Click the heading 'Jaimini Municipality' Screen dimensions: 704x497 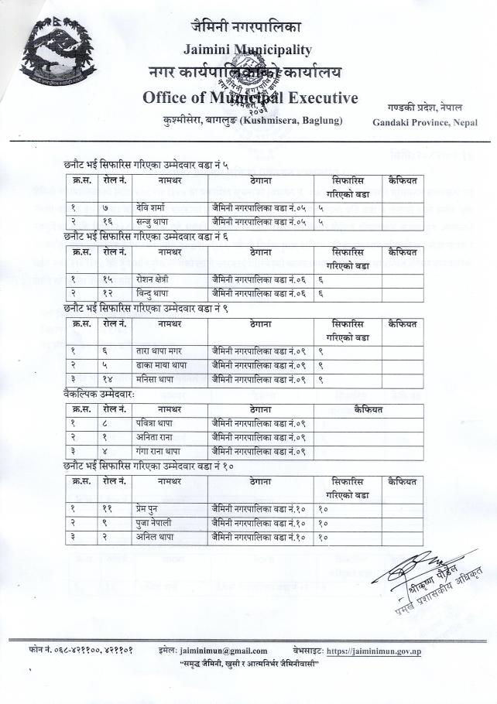pos(248,50)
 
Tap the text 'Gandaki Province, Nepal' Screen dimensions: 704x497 pos(425,122)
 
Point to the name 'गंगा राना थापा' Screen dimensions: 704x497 pos(159,451)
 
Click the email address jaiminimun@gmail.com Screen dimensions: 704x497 pos(223,651)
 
